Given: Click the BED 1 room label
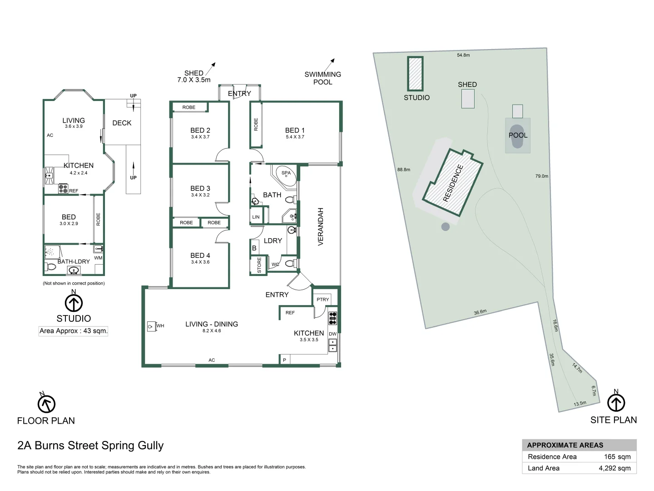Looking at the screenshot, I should [295, 130].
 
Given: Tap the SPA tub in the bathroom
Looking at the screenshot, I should [286, 176].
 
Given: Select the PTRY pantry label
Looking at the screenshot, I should [323, 300].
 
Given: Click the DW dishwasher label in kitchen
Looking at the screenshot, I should [332, 334].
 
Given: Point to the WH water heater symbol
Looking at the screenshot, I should [151, 326].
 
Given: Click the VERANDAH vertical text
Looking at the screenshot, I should [321, 227].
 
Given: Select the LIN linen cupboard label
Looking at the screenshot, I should [256, 217].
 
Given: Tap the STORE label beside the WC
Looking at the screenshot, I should [259, 265].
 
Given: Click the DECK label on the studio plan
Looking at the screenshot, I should [122, 123].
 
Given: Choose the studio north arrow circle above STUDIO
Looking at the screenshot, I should [74, 303].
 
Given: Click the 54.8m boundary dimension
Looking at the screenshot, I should [463, 55].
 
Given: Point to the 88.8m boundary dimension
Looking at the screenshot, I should [403, 170].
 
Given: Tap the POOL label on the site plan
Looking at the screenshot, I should [518, 135].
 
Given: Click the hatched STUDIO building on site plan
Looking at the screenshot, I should [415, 74].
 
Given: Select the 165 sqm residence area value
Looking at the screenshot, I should [617, 457].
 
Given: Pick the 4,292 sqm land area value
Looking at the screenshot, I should [614, 468].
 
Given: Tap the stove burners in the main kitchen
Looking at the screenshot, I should [332, 318].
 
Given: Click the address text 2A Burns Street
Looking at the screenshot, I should [90, 446].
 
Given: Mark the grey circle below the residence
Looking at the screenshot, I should [446, 226].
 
